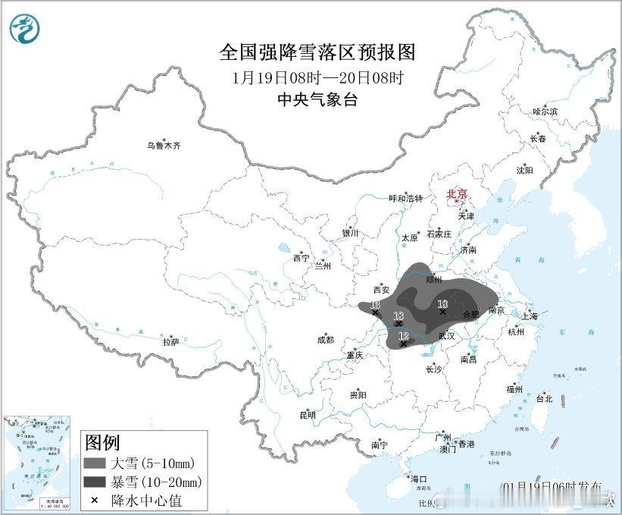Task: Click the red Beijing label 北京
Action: pyautogui.click(x=458, y=194)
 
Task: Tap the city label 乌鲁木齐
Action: pyautogui.click(x=164, y=145)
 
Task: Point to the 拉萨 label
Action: pyautogui.click(x=170, y=342)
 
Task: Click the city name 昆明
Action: pyautogui.click(x=307, y=415)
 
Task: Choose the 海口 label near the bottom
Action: pyautogui.click(x=418, y=479)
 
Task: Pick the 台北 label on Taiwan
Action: pyautogui.click(x=544, y=398)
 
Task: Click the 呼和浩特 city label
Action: pyautogui.click(x=405, y=199)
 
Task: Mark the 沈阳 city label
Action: pyautogui.click(x=524, y=170)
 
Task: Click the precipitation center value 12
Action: pyautogui.click(x=403, y=335)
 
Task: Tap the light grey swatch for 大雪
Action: pyautogui.click(x=94, y=463)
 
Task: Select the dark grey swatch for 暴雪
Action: pyautogui.click(x=94, y=482)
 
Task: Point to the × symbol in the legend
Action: pyautogui.click(x=94, y=500)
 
